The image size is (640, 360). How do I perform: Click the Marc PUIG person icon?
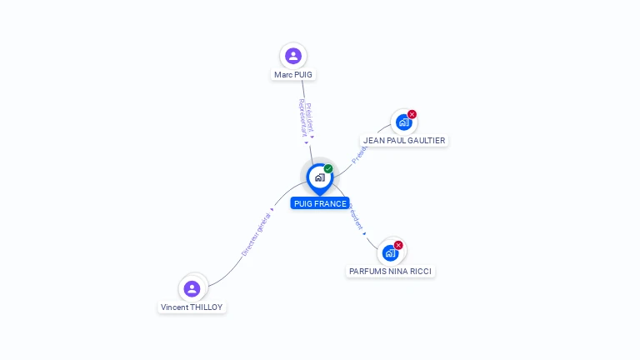tap(292, 56)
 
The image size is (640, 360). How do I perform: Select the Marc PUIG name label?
tap(293, 74)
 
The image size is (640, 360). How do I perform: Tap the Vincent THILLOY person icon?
tap(192, 288)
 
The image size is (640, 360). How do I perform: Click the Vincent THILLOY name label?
tap(192, 307)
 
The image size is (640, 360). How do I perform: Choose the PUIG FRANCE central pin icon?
tap(319, 177)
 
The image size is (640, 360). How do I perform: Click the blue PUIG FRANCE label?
tap(320, 203)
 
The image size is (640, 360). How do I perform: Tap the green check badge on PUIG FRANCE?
tap(328, 169)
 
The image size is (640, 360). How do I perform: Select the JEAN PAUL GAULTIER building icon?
tap(403, 122)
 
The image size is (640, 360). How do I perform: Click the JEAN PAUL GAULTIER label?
tap(404, 141)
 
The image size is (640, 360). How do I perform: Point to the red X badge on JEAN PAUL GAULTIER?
tap(412, 114)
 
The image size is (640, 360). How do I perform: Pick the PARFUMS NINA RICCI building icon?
tap(390, 252)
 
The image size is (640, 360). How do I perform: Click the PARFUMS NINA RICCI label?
tap(391, 271)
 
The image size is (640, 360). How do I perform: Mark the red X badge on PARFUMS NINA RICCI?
tap(398, 245)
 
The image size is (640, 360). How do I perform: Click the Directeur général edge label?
tap(257, 232)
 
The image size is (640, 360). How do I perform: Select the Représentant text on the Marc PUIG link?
tap(302, 118)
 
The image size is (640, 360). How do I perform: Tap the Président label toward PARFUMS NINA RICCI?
tap(356, 215)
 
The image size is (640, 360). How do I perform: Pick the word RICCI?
tap(421, 271)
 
